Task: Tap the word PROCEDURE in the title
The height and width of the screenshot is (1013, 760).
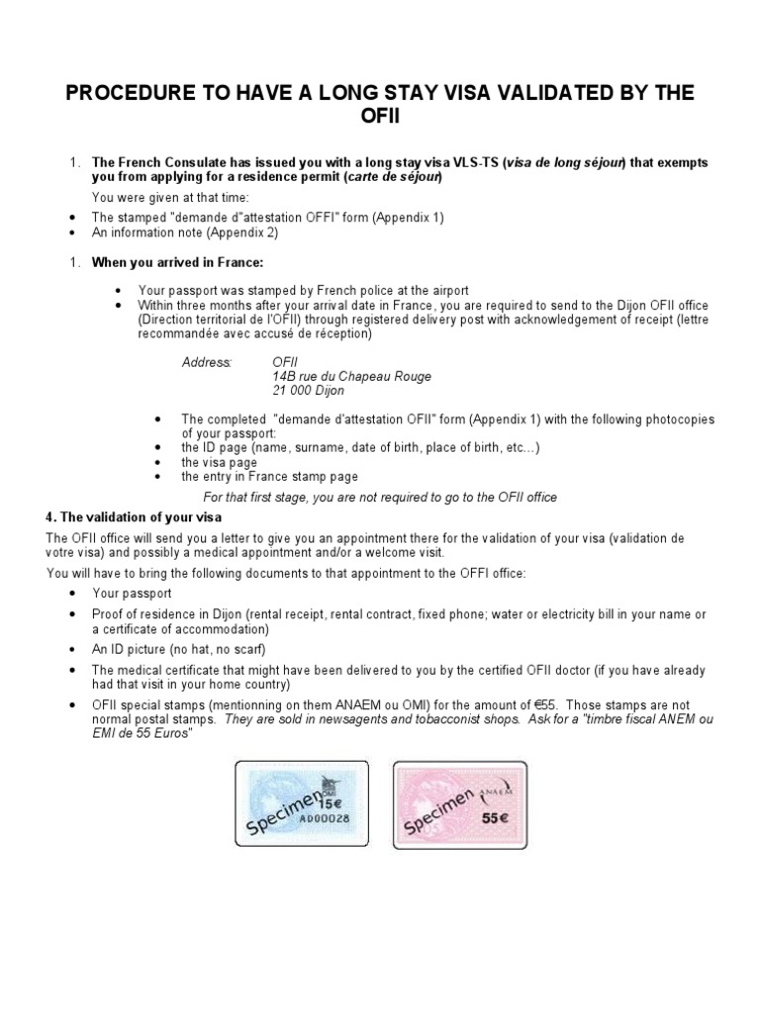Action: tap(133, 94)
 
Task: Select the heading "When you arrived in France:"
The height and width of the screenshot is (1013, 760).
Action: tap(178, 262)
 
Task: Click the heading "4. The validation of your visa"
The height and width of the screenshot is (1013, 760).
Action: tap(135, 517)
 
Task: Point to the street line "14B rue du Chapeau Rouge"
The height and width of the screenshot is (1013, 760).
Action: tap(351, 377)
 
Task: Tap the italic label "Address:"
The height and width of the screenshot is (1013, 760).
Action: tap(206, 363)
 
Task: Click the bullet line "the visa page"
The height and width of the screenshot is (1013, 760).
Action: tap(219, 462)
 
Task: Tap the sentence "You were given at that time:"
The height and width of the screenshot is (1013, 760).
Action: tap(170, 198)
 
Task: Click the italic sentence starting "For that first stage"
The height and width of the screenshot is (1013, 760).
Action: tap(380, 497)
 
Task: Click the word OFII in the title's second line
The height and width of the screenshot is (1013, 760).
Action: tap(380, 119)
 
